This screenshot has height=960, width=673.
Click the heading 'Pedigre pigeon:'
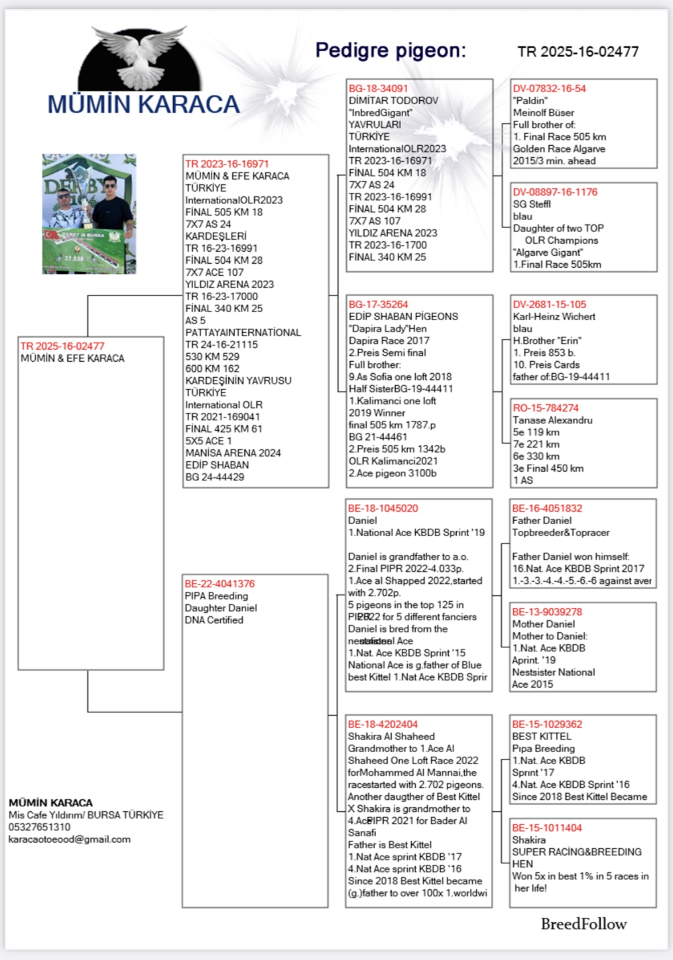click(391, 51)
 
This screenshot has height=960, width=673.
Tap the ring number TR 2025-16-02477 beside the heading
click(578, 52)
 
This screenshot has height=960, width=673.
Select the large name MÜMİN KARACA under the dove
click(143, 105)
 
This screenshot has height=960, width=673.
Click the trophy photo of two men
click(89, 213)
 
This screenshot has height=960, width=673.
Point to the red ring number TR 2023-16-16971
click(227, 164)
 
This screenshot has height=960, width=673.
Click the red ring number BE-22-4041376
click(219, 584)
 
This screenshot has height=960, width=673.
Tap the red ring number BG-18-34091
click(378, 89)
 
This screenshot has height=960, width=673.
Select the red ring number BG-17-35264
click(378, 305)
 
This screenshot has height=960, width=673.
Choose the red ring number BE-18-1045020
click(383, 509)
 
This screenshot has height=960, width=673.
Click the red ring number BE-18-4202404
click(383, 724)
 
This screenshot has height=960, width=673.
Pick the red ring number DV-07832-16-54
click(549, 89)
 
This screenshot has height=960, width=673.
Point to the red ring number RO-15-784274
click(545, 408)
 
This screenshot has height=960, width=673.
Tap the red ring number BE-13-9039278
click(546, 612)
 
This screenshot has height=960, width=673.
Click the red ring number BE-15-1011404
click(546, 828)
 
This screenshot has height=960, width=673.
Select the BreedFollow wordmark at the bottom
click(583, 924)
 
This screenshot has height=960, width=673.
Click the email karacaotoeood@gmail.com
click(70, 840)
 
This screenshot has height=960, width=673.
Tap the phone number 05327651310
click(39, 828)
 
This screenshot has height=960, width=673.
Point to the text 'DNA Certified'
click(214, 620)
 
